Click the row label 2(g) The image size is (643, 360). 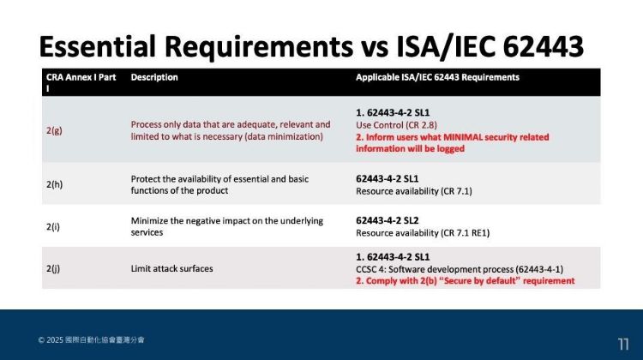53,130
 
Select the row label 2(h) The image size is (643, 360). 53,184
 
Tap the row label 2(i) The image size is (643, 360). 53,226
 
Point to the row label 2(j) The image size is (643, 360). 53,268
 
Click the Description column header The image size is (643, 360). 154,77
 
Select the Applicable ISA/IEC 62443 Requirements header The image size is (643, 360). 437,77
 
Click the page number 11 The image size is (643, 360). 623,344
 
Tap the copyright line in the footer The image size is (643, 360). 91,340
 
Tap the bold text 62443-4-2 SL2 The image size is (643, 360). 395,220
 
